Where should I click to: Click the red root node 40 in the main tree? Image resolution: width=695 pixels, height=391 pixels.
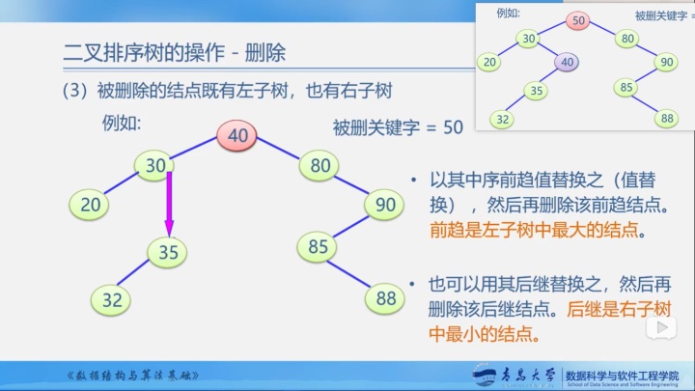click(237, 137)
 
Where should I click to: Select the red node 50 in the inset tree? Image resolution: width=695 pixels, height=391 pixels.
click(578, 20)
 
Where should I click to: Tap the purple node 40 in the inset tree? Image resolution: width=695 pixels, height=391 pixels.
click(568, 63)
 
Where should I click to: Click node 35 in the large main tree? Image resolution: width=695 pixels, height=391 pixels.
click(169, 253)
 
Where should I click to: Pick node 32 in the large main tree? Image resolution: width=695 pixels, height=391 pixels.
click(113, 299)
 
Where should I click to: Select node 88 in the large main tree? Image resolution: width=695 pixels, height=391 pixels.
click(386, 298)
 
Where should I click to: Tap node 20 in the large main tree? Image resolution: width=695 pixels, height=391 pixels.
click(90, 204)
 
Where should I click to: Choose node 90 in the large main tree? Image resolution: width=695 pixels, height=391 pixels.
click(386, 204)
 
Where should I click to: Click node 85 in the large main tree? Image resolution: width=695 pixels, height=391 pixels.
click(319, 246)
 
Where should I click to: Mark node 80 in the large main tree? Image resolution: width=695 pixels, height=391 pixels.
click(320, 165)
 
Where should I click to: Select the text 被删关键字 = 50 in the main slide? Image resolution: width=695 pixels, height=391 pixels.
click(398, 127)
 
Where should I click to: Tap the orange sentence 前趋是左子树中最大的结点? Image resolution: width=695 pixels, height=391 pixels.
click(536, 232)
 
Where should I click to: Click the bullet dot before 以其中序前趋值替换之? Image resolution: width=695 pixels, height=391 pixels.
click(413, 181)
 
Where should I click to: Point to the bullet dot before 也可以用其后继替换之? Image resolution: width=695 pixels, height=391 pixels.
click(413, 284)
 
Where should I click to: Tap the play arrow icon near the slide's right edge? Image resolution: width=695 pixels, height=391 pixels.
click(665, 329)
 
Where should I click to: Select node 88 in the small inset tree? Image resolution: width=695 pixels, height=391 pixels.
click(665, 119)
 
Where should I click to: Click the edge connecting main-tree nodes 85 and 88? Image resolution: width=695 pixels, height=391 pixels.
click(352, 273)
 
